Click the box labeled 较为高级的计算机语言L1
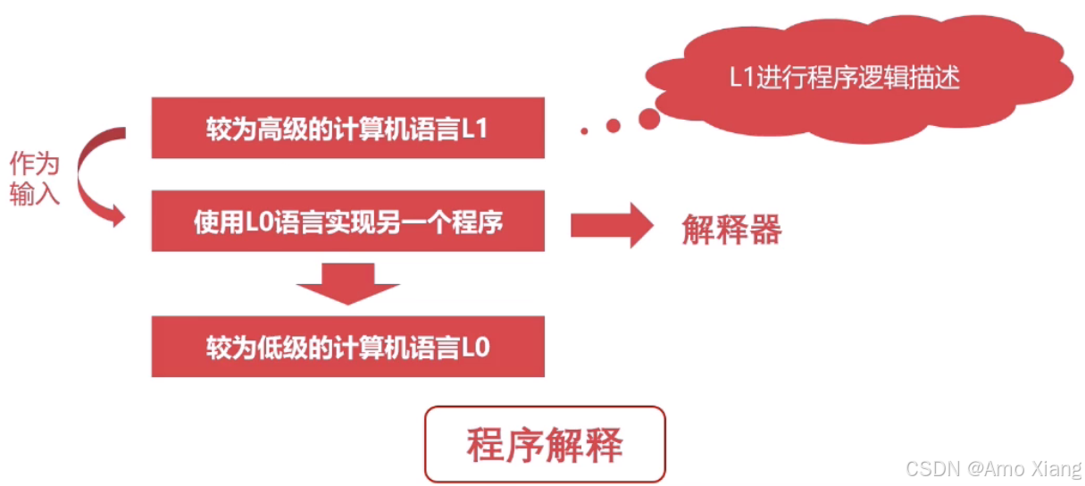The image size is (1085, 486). coord(347,128)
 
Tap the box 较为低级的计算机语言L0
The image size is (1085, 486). coord(347,347)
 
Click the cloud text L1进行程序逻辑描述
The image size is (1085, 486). coord(844,78)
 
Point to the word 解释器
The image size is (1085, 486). coord(731,230)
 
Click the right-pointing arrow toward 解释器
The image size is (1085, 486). coord(612,225)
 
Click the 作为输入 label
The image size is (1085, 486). coord(35,179)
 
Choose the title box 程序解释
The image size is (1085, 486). coord(545,445)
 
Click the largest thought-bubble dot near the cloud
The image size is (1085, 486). coord(649,117)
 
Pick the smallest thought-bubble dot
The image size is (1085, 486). coord(584,131)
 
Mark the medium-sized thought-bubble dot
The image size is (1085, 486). coord(613,126)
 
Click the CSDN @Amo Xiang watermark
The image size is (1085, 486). coord(992,468)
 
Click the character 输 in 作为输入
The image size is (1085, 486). coord(22,194)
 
